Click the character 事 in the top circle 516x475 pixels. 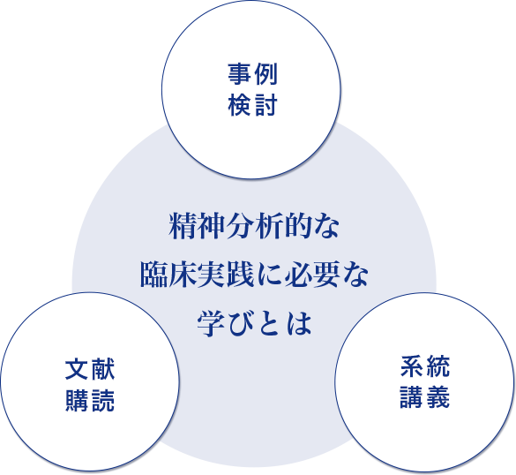pyautogui.click(x=239, y=74)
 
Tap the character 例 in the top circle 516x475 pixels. pyautogui.click(x=265, y=74)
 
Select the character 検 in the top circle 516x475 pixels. pyautogui.click(x=239, y=105)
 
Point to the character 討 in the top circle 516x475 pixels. pyautogui.click(x=265, y=105)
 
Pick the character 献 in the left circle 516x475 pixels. pyautogui.click(x=103, y=369)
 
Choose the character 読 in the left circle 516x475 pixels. pyautogui.click(x=103, y=400)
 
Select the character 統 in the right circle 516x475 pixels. pyautogui.click(x=438, y=366)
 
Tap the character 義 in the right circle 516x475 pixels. pyautogui.click(x=438, y=397)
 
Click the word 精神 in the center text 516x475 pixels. pyautogui.click(x=197, y=226)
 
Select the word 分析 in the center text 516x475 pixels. pyautogui.click(x=254, y=226)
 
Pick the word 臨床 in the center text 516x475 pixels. pyautogui.click(x=168, y=275)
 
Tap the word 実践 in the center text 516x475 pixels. pyautogui.click(x=226, y=275)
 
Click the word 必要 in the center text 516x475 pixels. pyautogui.click(x=312, y=275)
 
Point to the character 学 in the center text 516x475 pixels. pyautogui.click(x=211, y=323)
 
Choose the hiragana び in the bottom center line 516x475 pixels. pyautogui.click(x=241, y=323)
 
